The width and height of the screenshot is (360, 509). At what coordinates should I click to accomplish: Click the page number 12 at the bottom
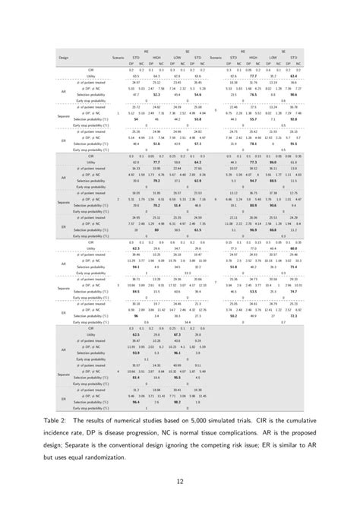click(x=180, y=479)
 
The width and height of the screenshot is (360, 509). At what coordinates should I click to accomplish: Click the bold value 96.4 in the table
click(x=136, y=401)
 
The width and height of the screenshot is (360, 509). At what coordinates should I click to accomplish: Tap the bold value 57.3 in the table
click(x=196, y=143)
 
